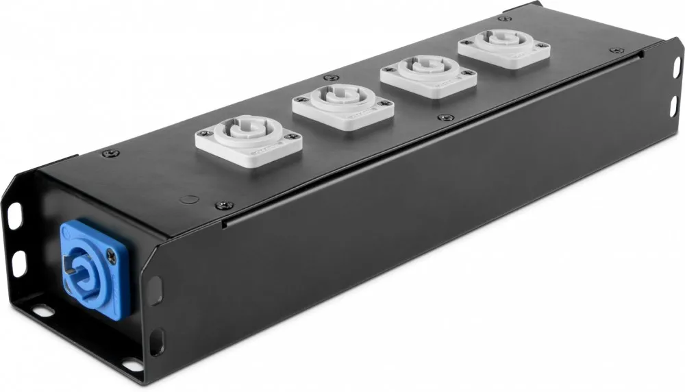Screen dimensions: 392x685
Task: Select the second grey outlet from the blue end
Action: pyautogui.click(x=343, y=103)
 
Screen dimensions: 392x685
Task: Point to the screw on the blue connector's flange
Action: pyautogui.click(x=112, y=254)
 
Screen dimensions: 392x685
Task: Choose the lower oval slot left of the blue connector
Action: pyautogui.click(x=19, y=262)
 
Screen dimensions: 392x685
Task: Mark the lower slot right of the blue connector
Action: pyautogui.click(x=156, y=341)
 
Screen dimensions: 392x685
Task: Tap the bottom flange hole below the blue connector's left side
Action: pyautogui.click(x=43, y=311)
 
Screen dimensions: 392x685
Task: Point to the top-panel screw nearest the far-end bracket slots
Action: pyautogui.click(x=617, y=50)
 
